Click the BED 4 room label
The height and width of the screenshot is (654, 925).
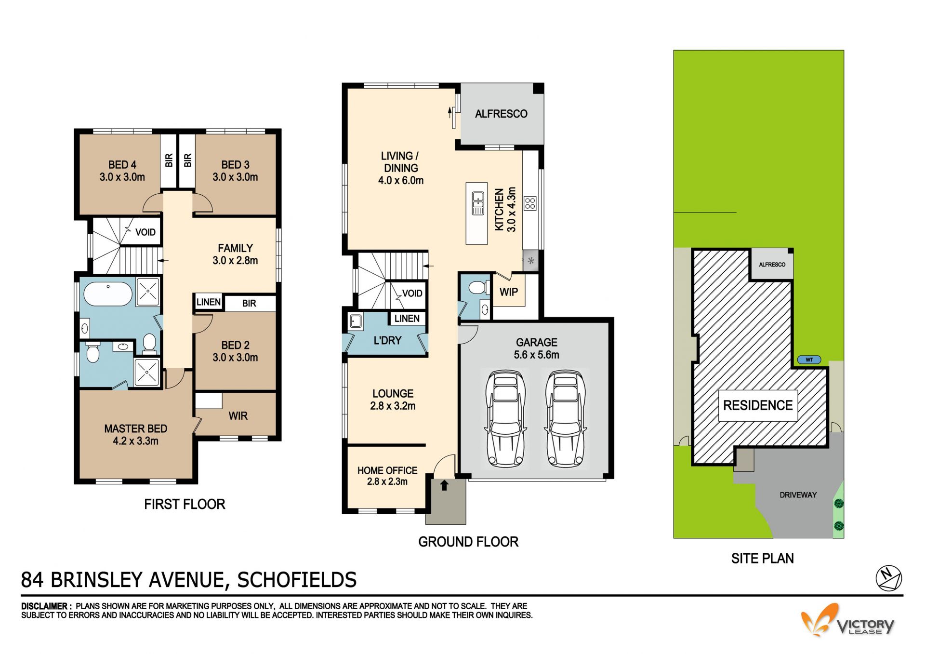(122, 165)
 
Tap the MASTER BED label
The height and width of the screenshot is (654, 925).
(136, 428)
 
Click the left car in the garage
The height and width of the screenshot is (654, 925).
(505, 419)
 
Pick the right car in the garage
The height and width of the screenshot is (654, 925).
(565, 419)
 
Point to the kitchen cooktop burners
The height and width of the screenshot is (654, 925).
(530, 203)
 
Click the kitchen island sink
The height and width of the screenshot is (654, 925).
(478, 203)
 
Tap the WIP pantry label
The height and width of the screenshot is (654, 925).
(509, 292)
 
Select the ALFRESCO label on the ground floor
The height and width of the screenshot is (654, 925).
(501, 114)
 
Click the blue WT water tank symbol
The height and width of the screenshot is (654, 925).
(809, 360)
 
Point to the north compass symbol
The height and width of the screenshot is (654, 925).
(888, 578)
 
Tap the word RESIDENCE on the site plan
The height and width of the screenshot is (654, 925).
(758, 405)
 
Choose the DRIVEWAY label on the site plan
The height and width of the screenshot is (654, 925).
(798, 495)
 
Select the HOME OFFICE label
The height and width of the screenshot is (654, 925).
(387, 470)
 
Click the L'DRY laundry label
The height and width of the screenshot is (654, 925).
(387, 340)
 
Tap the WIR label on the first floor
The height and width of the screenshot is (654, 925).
(238, 416)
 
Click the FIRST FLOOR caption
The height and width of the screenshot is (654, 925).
(185, 504)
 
